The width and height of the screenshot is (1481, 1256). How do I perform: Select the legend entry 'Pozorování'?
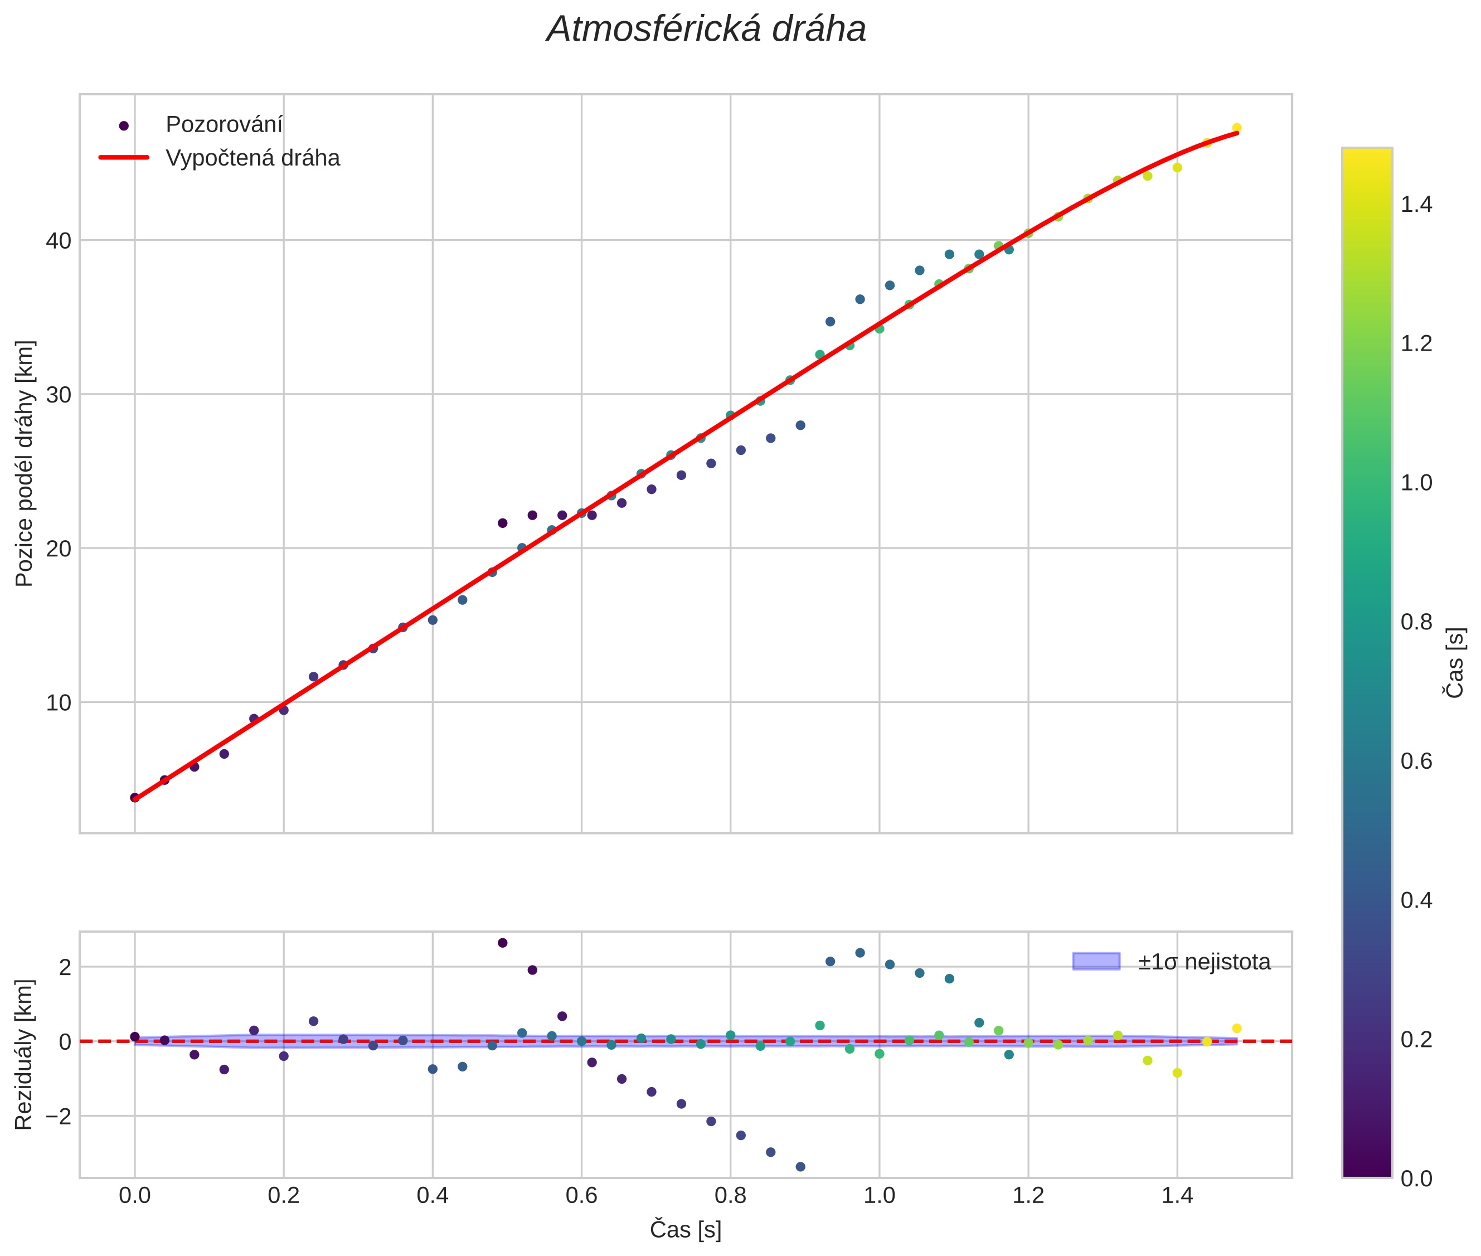tap(224, 125)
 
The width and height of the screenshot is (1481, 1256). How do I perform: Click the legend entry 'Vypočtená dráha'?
tap(252, 158)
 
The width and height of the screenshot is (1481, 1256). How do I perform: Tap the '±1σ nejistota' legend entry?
tap(1203, 962)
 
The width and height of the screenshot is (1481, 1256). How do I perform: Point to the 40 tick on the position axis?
tap(59, 241)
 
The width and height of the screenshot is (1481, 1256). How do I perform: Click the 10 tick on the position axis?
tap(59, 703)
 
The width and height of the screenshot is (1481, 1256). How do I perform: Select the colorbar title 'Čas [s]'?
tap(1455, 662)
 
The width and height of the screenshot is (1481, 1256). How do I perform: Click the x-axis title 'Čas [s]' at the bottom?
tap(685, 1230)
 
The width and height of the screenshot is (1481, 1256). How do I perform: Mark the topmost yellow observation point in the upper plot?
tap(1237, 128)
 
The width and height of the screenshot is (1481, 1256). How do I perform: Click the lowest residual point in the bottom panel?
tap(800, 1167)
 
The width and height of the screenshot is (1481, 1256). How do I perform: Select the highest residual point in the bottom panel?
tap(503, 943)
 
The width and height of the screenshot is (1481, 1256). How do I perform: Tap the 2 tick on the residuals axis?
tap(65, 967)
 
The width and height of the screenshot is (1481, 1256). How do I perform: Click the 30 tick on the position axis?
tap(59, 395)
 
